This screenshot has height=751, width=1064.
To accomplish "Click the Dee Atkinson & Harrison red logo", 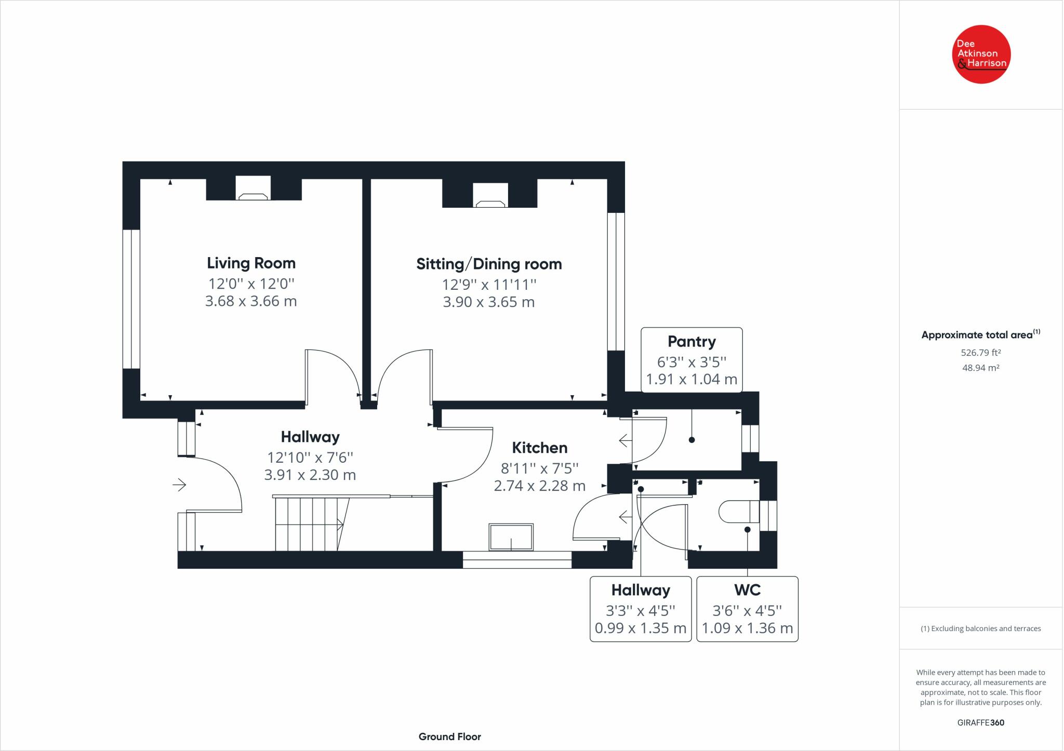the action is click(981, 54).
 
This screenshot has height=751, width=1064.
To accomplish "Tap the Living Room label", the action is click(251, 263).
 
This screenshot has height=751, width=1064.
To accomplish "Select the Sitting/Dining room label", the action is click(489, 264).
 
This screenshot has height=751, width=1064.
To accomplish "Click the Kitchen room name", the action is click(540, 448).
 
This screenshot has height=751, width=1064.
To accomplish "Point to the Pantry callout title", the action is click(691, 342).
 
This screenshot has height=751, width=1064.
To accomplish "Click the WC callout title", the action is click(747, 590).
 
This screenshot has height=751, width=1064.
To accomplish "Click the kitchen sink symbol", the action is click(511, 537).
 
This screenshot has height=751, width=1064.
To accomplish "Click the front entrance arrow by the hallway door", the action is click(179, 485).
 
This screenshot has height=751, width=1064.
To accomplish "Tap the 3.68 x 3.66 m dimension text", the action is click(251, 301).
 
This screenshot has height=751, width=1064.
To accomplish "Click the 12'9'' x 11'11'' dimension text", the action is click(489, 285).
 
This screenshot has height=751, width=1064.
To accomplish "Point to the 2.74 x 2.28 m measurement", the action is click(540, 486).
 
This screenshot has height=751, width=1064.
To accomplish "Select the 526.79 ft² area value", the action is click(981, 353).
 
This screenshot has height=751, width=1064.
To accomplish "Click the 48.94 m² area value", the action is click(981, 368).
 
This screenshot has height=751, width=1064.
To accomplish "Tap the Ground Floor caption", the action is click(450, 736).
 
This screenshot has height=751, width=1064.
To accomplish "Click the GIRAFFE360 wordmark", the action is click(981, 722).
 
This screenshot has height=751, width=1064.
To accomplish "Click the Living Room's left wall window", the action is click(131, 299).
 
